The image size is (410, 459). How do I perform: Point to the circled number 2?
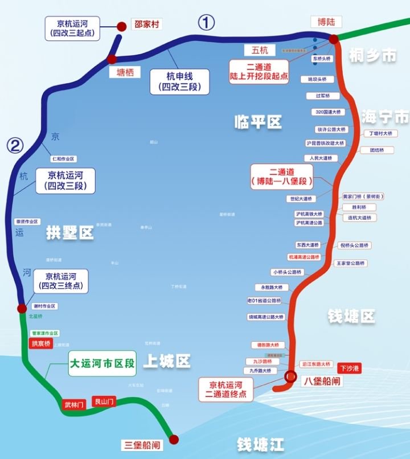coord(15,146)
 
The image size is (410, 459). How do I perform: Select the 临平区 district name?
coord(258,121)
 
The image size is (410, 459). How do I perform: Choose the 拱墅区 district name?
coord(70,232)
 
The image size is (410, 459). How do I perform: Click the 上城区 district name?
coord(166,361)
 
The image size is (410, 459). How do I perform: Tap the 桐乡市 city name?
coord(372,55)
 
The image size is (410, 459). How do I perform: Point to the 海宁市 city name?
coord(385,117)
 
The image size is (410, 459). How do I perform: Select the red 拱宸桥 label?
coord(40,343)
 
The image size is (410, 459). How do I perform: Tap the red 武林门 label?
coord(74,404)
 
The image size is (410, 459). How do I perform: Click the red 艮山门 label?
coord(104,401)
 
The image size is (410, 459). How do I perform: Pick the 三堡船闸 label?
coord(142,444)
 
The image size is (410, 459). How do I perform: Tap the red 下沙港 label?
coord(350,368)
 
